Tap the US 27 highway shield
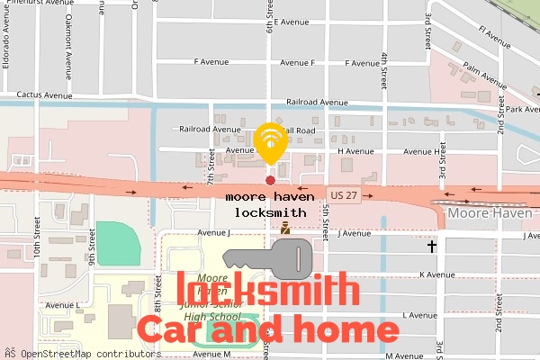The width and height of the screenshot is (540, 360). tap(344, 194)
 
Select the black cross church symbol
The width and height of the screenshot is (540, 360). tap(432, 246)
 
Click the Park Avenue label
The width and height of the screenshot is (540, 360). tap(522, 110)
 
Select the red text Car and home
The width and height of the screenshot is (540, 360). tap(267, 329)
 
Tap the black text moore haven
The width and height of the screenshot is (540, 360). tap(270, 195)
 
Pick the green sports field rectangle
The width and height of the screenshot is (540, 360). tap(119, 243)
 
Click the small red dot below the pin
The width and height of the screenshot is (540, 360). tap(270, 181)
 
